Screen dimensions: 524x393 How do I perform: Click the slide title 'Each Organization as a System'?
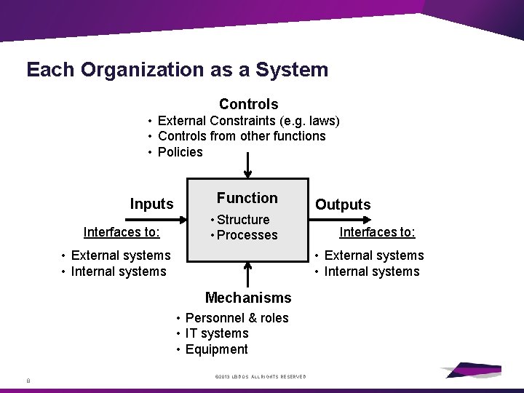(x=177, y=70)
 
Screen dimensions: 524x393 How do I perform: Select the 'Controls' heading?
(x=248, y=104)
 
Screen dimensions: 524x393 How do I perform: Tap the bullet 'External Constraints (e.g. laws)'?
(x=248, y=120)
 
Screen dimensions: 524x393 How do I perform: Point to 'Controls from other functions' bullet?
(x=242, y=136)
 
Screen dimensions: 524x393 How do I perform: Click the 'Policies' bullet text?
(x=180, y=152)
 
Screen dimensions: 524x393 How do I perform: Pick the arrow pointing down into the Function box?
(x=248, y=167)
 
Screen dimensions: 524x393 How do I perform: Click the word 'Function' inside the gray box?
(x=247, y=198)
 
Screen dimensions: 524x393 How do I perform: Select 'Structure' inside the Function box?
(x=243, y=220)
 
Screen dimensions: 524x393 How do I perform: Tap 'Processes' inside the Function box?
(x=247, y=235)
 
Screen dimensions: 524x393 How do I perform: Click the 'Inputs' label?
(x=151, y=204)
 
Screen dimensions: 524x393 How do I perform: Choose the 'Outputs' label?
(x=343, y=205)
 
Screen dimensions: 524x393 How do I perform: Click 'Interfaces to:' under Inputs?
(x=122, y=232)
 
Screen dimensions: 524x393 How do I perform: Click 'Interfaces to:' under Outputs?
(x=377, y=232)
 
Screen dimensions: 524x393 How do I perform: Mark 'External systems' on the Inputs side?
(x=121, y=255)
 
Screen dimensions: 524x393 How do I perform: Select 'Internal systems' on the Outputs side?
(x=372, y=271)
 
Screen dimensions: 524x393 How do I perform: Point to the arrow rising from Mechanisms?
(x=248, y=274)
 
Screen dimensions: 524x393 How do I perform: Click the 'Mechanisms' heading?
(x=248, y=297)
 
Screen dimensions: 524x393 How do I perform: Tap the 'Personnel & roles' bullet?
(x=237, y=318)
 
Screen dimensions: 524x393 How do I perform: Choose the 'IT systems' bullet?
(x=217, y=333)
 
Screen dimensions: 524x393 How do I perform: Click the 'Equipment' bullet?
(x=216, y=349)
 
